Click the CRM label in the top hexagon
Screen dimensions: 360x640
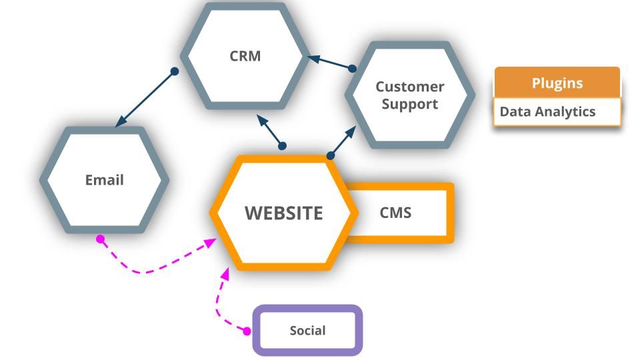click(245, 56)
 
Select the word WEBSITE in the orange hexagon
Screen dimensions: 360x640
click(283, 213)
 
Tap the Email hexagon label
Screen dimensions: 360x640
click(105, 180)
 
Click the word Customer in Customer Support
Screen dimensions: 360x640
click(409, 87)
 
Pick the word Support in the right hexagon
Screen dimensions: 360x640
click(409, 104)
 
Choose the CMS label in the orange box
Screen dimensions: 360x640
click(395, 213)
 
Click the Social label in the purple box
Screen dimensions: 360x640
click(307, 331)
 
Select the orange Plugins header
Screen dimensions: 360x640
click(557, 83)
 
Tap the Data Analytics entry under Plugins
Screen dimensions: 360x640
click(547, 111)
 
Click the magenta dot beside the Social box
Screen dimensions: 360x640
click(247, 331)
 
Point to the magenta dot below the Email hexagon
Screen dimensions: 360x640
click(101, 239)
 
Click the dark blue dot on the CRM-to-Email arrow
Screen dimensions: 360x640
click(175, 71)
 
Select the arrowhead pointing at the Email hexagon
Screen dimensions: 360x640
click(119, 123)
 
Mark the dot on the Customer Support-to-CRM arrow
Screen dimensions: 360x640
click(353, 68)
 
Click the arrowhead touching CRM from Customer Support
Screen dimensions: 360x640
click(311, 58)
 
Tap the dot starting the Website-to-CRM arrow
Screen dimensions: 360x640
click(282, 145)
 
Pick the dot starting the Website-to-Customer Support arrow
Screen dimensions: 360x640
click(331, 155)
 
